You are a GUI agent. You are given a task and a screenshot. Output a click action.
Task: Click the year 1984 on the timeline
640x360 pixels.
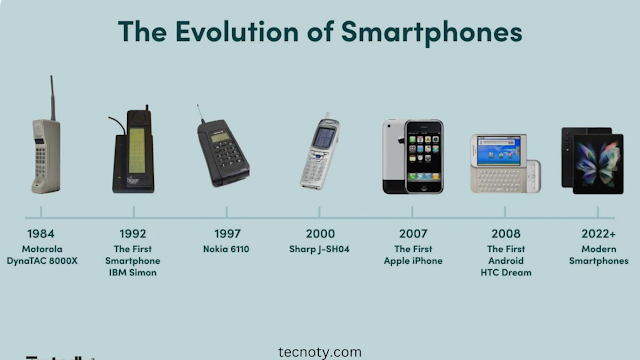pos(42,235)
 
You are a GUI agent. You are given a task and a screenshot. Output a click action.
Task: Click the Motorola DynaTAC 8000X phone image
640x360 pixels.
pos(45,154)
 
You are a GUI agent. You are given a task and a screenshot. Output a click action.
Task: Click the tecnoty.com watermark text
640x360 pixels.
pos(319,351)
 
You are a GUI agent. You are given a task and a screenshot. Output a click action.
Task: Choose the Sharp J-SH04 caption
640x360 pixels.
pos(320,248)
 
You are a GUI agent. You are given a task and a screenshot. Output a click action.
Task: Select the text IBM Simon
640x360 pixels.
pos(136,272)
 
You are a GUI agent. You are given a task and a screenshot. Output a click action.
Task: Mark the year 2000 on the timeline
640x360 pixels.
pos(320,235)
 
